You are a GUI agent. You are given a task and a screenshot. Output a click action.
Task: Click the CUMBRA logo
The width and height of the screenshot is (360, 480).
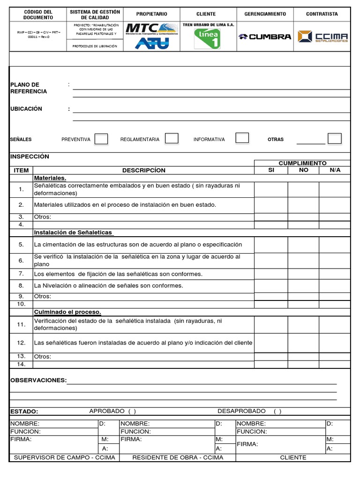pyautogui.click(x=265, y=37)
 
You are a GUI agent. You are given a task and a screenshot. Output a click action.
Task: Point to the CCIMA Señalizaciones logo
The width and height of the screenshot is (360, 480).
pyautogui.click(x=322, y=36)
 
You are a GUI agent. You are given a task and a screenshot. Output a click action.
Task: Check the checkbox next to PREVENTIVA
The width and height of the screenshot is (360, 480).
pyautogui.click(x=101, y=139)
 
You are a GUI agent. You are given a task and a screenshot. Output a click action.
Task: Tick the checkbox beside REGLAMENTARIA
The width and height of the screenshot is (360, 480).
pyautogui.click(x=172, y=138)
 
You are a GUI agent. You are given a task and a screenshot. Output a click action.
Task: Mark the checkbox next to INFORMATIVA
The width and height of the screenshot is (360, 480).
pyautogui.click(x=242, y=138)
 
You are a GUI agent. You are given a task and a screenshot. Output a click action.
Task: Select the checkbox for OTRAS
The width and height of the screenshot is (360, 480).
pyautogui.click(x=335, y=138)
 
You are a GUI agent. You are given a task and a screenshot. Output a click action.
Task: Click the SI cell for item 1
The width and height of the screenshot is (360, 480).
pyautogui.click(x=271, y=189)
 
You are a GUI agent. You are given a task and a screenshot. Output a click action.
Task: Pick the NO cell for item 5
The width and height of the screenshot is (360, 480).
pyautogui.click(x=303, y=245)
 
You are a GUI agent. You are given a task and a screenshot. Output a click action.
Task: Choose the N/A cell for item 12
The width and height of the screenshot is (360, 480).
pyautogui.click(x=335, y=343)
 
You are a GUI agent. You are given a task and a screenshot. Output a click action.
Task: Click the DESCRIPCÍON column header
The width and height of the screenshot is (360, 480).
pyautogui.click(x=144, y=170)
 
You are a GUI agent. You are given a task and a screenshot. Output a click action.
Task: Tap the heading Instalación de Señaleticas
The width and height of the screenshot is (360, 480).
pyautogui.click(x=73, y=232)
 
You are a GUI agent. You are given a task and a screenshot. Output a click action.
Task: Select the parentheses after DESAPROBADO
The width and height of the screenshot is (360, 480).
pyautogui.click(x=277, y=411)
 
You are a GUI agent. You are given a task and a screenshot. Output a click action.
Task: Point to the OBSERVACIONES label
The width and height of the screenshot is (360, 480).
pyautogui.click(x=38, y=380)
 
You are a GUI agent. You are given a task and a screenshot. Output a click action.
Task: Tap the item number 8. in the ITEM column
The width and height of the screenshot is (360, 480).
pyautogui.click(x=21, y=285)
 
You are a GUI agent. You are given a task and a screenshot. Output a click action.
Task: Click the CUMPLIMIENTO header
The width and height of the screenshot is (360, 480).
pyautogui.click(x=302, y=163)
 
